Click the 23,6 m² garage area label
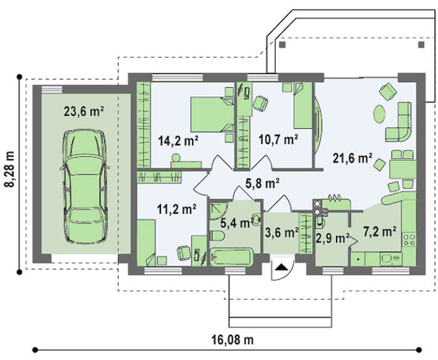pos(84,111)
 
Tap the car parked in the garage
pos(85,187)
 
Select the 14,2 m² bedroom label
pos(178,140)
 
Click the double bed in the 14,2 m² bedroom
pos(212,115)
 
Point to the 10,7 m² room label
pos(278,139)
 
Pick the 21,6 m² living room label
pos(352,158)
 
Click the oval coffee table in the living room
pos(380,114)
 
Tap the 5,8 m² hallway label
pos(263,183)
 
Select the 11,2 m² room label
pos(176,208)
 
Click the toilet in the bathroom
pos(217,235)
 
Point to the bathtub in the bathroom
pos(232,257)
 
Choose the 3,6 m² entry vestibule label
pos(282,232)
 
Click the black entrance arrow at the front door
pos(282,267)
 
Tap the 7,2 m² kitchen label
pos(380,231)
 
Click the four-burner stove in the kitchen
pos(409,240)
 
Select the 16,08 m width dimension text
pos(232,340)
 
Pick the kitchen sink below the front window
pos(390,259)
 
